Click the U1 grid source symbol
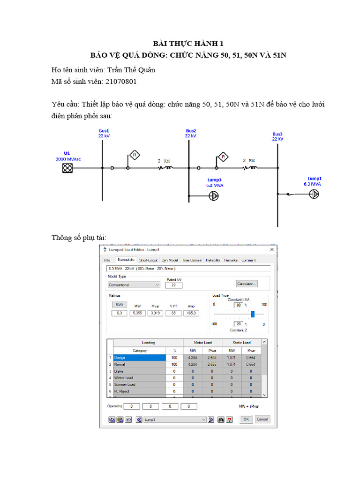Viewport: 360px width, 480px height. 67,168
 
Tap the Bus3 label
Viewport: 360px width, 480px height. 277,134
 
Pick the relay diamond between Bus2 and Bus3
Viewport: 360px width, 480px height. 223,156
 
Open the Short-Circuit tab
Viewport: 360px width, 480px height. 149,260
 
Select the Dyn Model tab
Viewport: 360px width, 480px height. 170,260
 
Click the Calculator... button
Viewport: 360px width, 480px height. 247,284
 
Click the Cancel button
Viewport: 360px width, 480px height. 262,419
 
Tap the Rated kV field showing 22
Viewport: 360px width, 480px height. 174,285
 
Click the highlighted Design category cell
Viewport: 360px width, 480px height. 139,358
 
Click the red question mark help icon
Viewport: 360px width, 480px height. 229,420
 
